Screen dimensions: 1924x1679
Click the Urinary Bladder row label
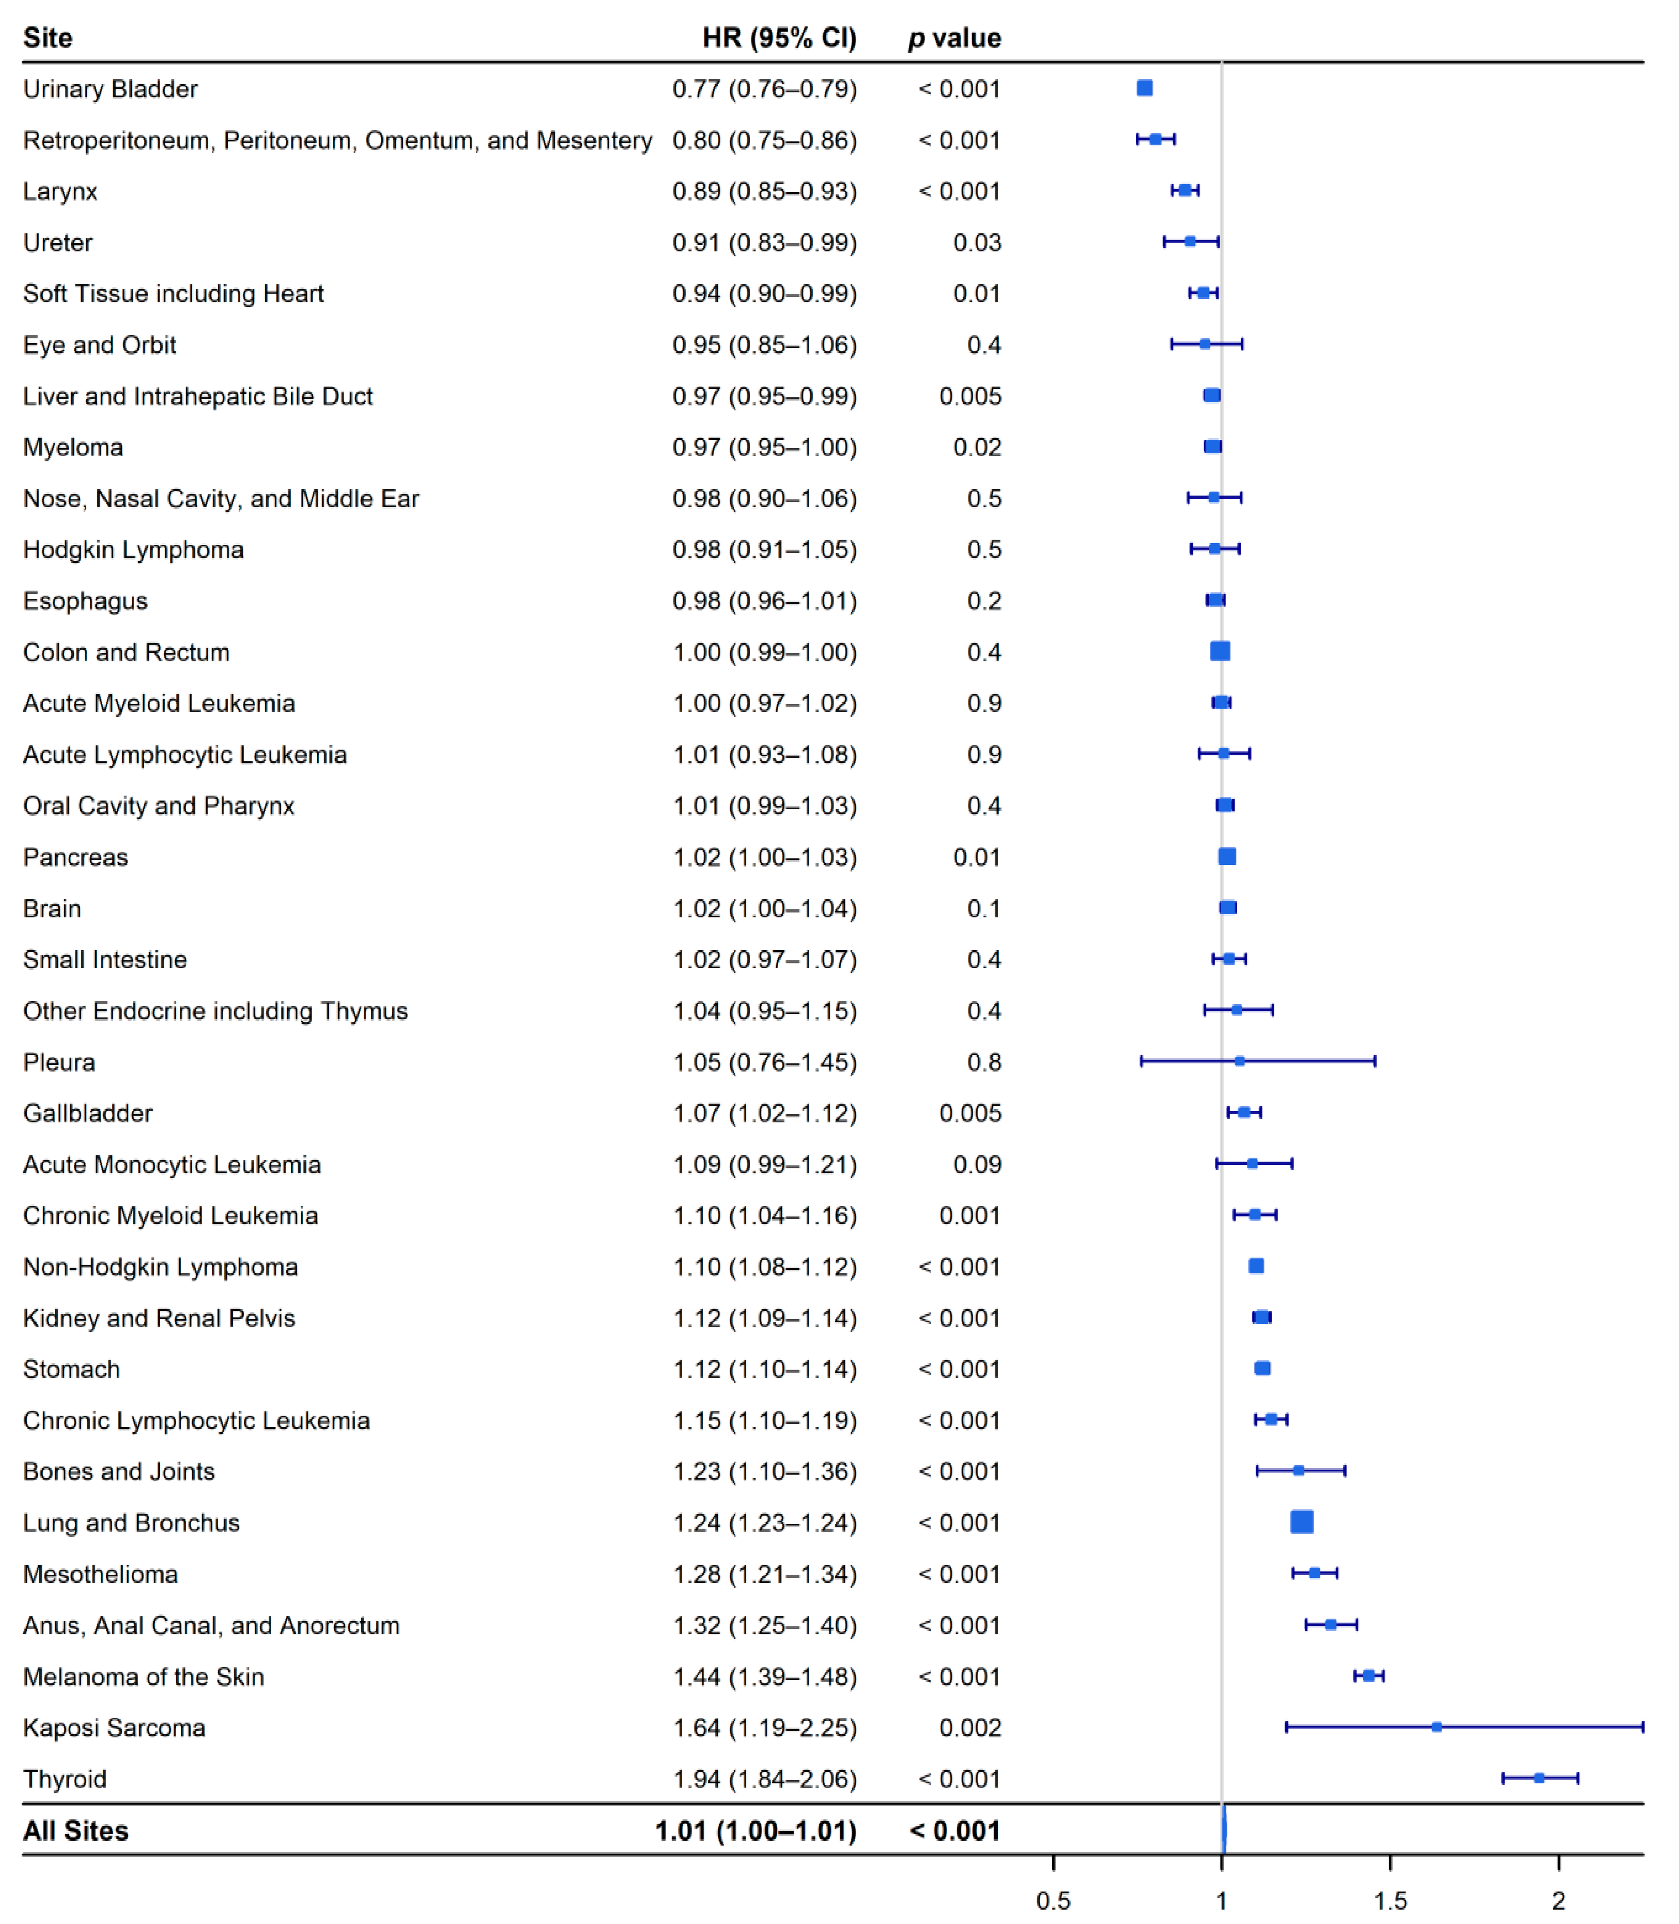pyautogui.click(x=111, y=89)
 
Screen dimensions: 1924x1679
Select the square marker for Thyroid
pyautogui.click(x=1538, y=1778)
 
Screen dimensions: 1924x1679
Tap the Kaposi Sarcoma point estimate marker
pyautogui.click(x=1436, y=1726)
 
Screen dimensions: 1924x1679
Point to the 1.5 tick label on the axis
pyautogui.click(x=1391, y=1901)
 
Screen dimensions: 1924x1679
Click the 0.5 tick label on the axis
pyautogui.click(x=1053, y=1901)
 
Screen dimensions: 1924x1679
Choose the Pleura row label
pyautogui.click(x=59, y=1062)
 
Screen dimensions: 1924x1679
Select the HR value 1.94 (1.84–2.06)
pyautogui.click(x=765, y=1779)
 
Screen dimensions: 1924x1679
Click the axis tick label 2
pyautogui.click(x=1558, y=1901)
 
